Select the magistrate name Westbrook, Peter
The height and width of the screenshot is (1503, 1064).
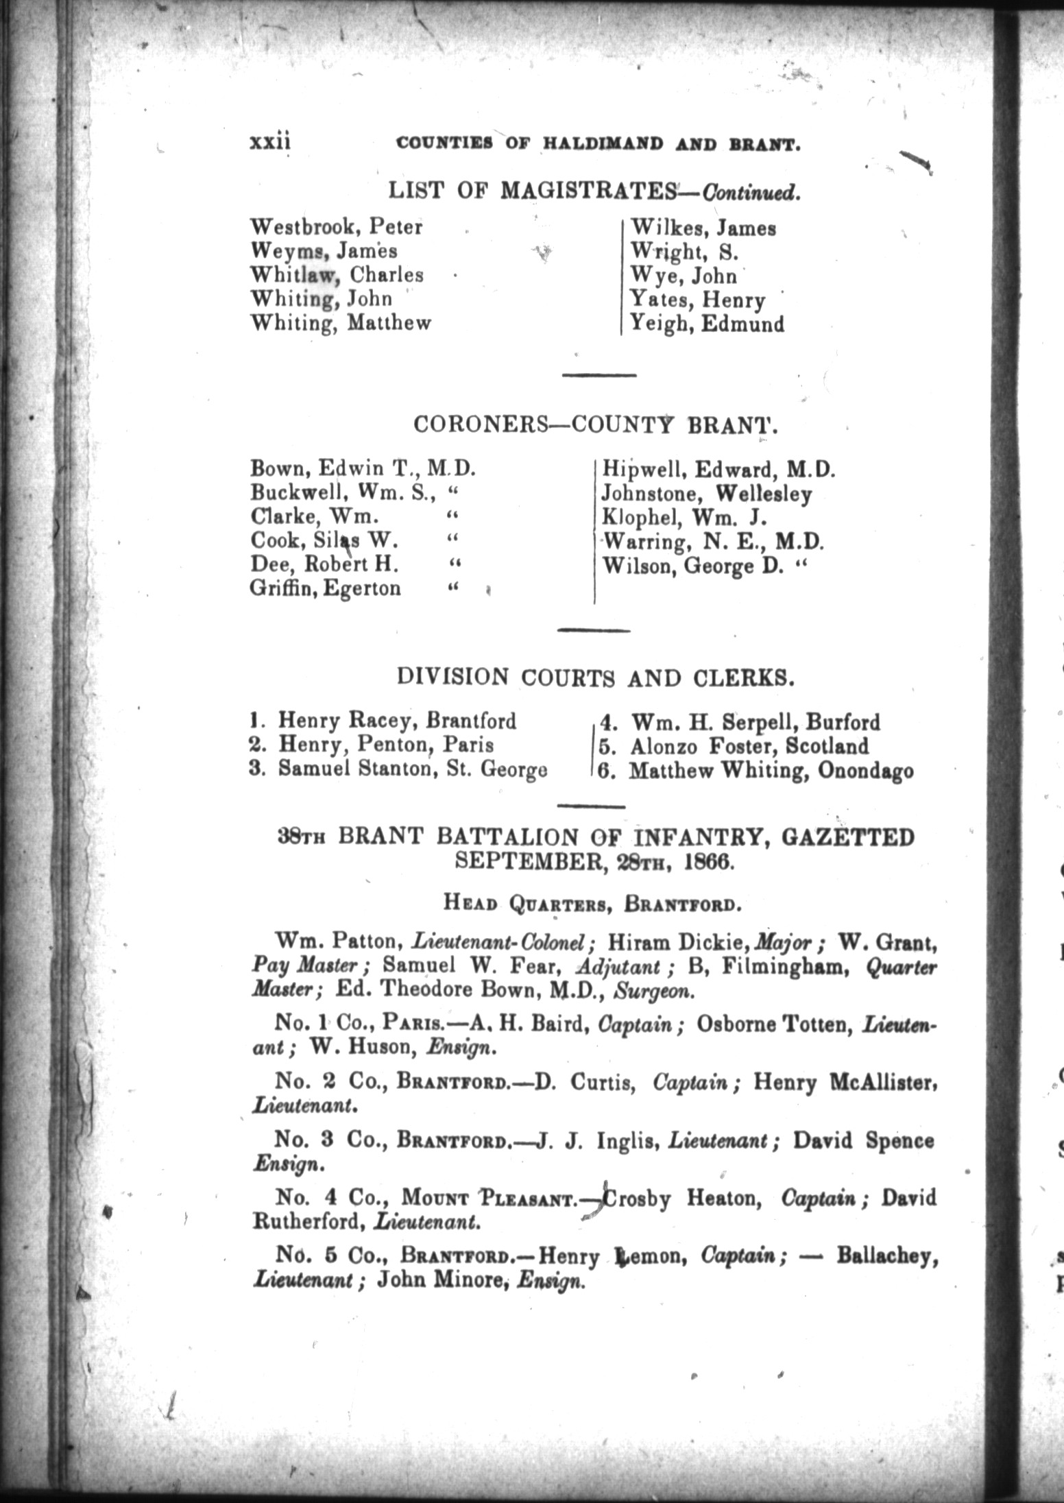pos(336,227)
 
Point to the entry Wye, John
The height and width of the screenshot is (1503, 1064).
pos(684,276)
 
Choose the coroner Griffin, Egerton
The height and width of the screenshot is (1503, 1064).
pos(326,588)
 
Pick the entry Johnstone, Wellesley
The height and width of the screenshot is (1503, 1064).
pos(706,494)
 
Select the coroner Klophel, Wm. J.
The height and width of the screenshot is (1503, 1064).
pos(684,518)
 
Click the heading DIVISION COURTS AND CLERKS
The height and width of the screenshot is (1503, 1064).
pos(596,677)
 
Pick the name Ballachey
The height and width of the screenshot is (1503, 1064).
pos(886,1256)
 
